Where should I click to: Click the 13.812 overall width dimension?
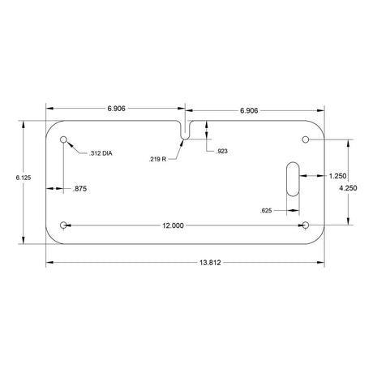[x=210, y=263]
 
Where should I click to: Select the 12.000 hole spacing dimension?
[x=173, y=225]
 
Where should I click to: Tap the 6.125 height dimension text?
[x=24, y=178]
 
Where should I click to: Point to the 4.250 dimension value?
[x=348, y=188]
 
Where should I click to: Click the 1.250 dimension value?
[x=337, y=176]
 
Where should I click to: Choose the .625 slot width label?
[x=266, y=211]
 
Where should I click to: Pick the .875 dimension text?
[x=80, y=189]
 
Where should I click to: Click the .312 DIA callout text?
[x=101, y=153]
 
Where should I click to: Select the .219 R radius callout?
[x=157, y=159]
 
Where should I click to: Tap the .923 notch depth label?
[x=221, y=151]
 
